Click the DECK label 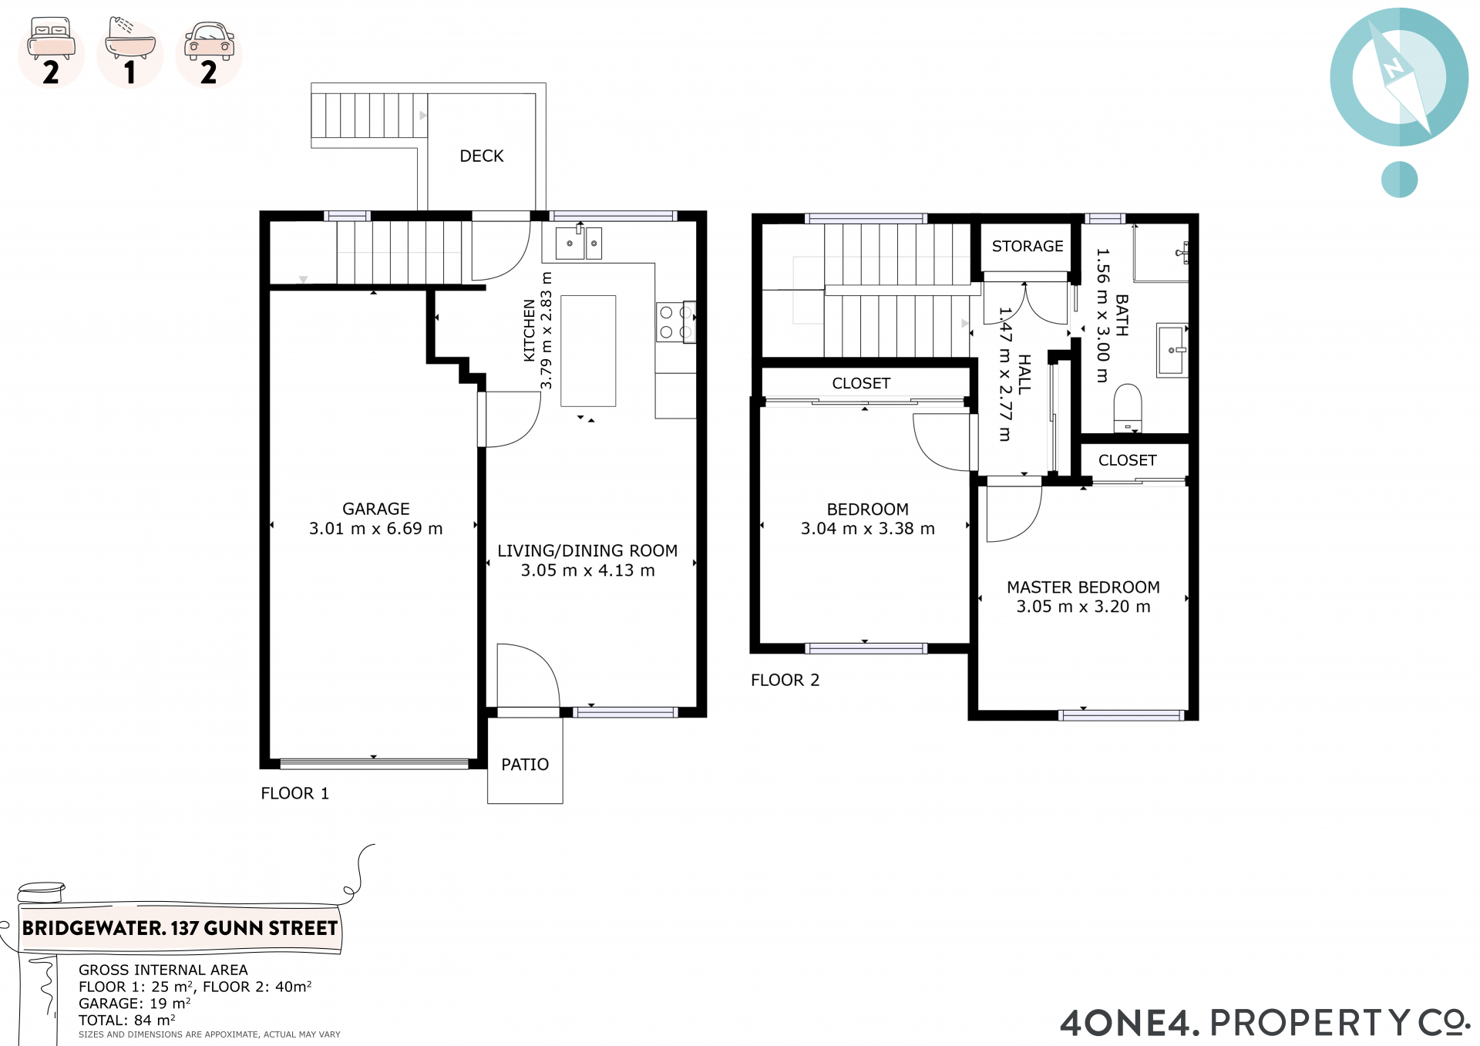click(x=482, y=156)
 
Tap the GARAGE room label click(x=376, y=509)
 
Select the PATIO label click(x=525, y=765)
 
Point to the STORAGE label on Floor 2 click(x=1028, y=246)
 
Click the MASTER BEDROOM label click(x=1083, y=587)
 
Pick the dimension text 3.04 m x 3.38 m click(x=868, y=529)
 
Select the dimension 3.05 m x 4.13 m click(x=588, y=570)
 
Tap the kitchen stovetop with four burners click(x=676, y=322)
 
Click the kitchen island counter click(x=588, y=351)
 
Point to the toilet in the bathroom click(x=1128, y=408)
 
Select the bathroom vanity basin click(x=1171, y=350)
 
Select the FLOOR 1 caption click(x=295, y=793)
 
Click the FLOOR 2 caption click(x=785, y=680)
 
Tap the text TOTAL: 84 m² click(x=127, y=1020)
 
